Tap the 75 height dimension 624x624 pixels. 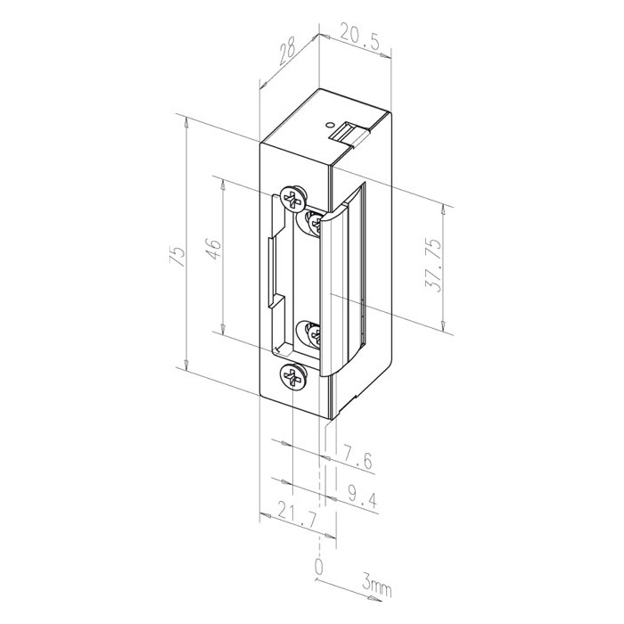177,257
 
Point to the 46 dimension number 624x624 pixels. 214,249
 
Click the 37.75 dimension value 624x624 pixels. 432,266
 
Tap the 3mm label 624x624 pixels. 376,586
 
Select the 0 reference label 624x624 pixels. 319,566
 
